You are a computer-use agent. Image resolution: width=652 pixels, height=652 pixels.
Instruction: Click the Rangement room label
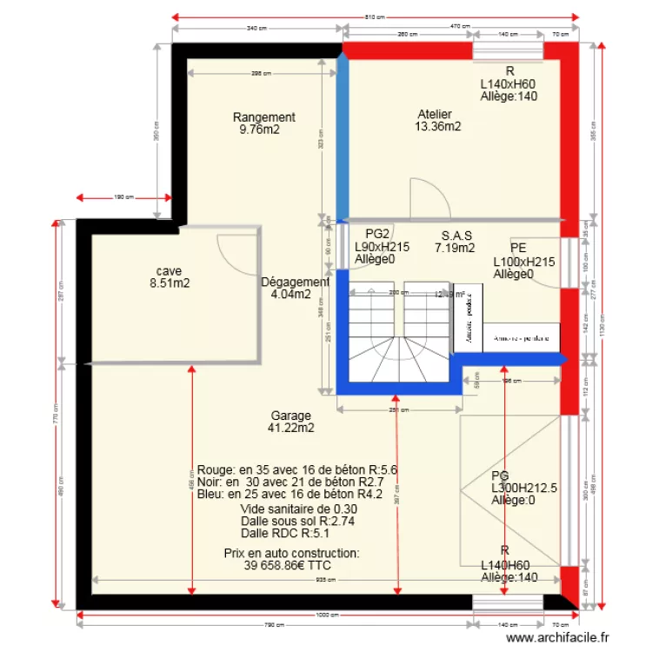(264, 117)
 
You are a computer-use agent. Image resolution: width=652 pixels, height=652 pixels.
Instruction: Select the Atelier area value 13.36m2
(438, 127)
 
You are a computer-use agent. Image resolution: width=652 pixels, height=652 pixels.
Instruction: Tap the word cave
(170, 270)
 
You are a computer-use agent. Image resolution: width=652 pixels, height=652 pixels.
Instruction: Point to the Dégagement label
(295, 282)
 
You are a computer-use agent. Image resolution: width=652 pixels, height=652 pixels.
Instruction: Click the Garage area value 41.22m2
(291, 428)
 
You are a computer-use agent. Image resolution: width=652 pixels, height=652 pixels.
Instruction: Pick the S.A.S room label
(456, 236)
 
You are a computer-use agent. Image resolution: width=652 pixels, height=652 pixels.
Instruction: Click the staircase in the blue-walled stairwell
(398, 335)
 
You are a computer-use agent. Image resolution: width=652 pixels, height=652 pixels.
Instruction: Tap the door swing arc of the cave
(235, 252)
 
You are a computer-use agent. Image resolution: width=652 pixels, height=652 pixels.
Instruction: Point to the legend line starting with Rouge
(297, 469)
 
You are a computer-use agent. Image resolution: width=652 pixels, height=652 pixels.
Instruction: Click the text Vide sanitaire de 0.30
(287, 509)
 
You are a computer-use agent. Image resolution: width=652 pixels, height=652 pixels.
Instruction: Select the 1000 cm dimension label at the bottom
(327, 615)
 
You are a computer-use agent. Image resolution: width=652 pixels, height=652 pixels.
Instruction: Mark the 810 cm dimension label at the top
(375, 17)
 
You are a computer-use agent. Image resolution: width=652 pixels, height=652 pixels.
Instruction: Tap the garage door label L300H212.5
(524, 489)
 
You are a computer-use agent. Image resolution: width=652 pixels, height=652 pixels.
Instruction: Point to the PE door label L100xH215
(524, 261)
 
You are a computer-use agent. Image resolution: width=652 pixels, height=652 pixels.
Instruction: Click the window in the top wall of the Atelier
(503, 53)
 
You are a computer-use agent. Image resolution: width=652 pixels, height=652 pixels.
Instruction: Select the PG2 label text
(376, 234)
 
